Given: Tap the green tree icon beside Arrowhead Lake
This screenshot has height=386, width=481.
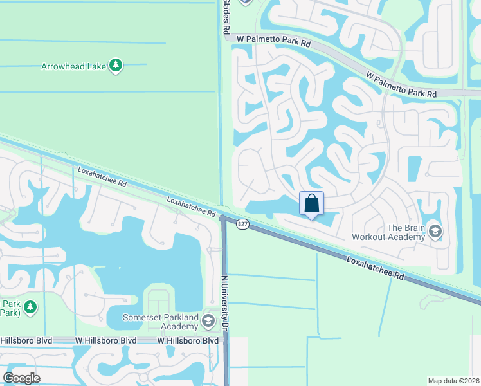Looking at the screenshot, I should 116,66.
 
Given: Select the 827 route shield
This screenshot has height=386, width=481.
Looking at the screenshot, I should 242,224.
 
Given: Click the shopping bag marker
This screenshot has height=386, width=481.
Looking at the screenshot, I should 312,204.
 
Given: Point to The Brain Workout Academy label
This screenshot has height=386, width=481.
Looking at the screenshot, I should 388,232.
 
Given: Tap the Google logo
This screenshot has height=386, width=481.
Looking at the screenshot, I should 21,378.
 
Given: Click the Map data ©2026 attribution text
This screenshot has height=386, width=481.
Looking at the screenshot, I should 453,381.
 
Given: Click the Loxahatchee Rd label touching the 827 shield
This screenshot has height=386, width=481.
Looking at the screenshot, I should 191,207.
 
